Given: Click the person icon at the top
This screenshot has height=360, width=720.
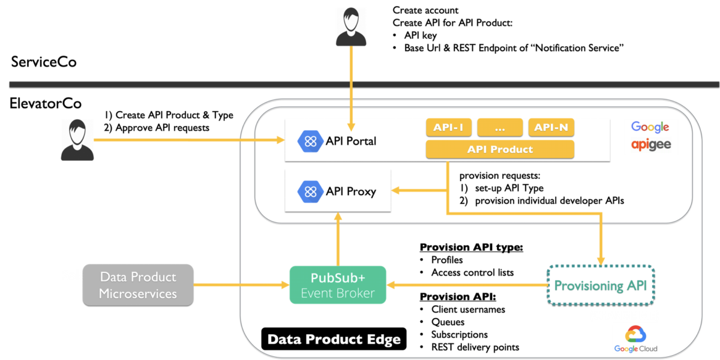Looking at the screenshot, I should click(x=351, y=27).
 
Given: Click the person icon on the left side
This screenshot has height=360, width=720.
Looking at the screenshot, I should click(x=77, y=140).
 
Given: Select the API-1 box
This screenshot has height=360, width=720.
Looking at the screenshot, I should click(x=448, y=128).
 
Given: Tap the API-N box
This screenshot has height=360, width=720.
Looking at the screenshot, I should click(x=551, y=128).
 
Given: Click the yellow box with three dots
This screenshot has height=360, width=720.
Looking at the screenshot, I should click(x=500, y=128).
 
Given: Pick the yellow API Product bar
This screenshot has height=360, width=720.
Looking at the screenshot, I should click(x=500, y=149).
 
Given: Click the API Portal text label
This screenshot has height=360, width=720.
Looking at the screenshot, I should click(x=351, y=141).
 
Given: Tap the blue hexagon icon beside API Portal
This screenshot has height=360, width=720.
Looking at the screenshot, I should click(x=310, y=141).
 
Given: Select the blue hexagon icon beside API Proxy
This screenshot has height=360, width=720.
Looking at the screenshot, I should click(x=310, y=191).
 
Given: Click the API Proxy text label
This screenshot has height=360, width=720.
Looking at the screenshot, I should click(x=351, y=191).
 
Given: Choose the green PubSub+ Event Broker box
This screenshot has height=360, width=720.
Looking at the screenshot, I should click(x=338, y=285).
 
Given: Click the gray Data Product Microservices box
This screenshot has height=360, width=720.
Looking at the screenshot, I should click(x=138, y=285).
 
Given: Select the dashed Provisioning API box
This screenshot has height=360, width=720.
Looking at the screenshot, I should click(x=600, y=285).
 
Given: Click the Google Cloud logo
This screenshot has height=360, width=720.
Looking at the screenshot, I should click(x=635, y=338).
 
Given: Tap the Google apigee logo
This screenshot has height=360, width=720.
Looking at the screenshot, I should click(x=651, y=137).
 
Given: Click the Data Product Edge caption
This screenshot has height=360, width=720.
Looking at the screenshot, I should click(x=334, y=340).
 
